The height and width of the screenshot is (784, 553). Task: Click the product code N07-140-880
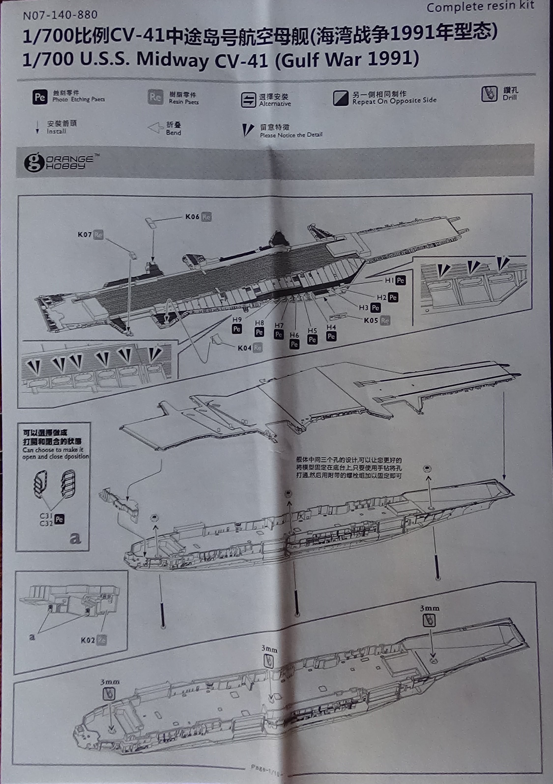[x=60, y=15]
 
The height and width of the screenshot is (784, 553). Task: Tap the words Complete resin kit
[x=480, y=7]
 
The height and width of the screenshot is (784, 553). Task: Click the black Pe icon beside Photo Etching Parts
[x=40, y=97]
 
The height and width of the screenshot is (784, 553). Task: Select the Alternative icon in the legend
[x=248, y=100]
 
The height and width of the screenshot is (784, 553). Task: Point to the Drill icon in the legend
[x=489, y=94]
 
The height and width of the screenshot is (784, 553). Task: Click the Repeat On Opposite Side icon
[x=341, y=98]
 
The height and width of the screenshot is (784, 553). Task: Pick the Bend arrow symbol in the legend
[x=155, y=128]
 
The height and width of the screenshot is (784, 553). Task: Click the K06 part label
[x=192, y=217]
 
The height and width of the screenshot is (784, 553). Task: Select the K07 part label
[x=85, y=234]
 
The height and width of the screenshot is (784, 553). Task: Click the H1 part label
[x=389, y=280]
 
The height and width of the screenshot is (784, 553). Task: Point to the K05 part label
[x=371, y=320]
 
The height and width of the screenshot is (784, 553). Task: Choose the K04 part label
[x=245, y=348]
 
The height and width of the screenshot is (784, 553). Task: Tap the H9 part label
[x=237, y=319]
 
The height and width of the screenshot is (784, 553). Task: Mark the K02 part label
[x=88, y=640]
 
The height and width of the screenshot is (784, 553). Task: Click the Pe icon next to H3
[x=375, y=308]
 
